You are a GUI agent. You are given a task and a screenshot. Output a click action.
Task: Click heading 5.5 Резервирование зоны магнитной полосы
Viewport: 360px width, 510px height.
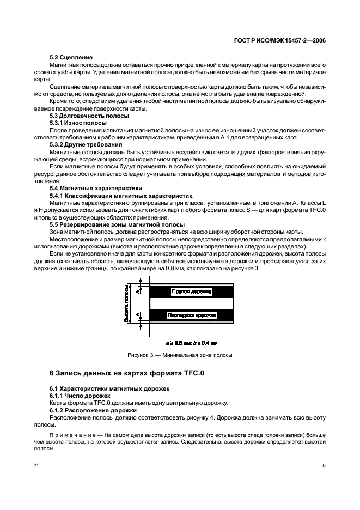pyautogui.click(x=117, y=224)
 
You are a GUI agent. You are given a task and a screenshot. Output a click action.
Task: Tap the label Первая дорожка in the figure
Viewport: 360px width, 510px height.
pyautogui.click(x=191, y=292)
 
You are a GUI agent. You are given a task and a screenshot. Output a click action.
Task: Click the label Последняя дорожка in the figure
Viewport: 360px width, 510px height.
pyautogui.click(x=192, y=315)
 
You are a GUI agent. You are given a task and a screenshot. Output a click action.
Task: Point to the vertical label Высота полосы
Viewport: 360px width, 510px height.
pyautogui.click(x=126, y=304)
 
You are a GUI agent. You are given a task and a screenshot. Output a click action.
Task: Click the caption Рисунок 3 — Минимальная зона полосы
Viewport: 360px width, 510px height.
pyautogui.click(x=180, y=355)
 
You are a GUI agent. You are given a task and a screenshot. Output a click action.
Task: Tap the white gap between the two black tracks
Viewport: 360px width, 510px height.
pyautogui.click(x=191, y=303)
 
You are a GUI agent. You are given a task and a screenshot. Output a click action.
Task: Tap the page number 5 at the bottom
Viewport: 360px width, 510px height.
pyautogui.click(x=324, y=466)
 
